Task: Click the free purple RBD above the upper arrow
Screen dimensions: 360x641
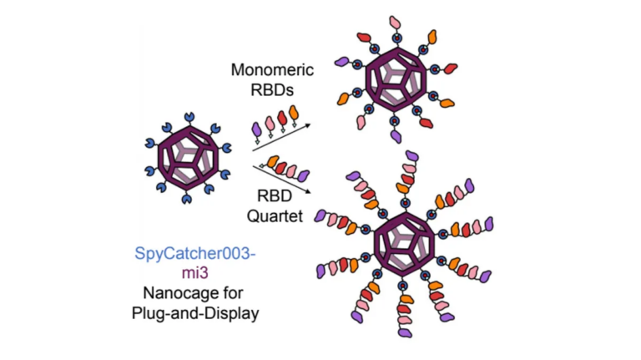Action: (x=257, y=127)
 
